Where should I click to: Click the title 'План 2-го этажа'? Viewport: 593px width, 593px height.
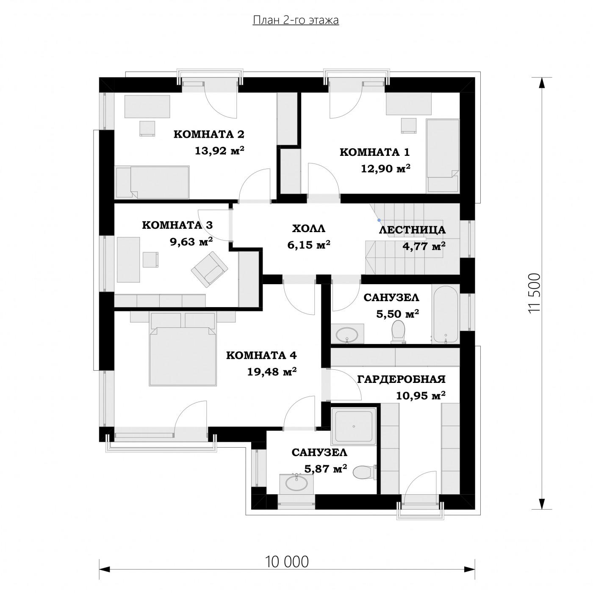click(295, 20)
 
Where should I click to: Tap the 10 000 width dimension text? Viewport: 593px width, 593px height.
click(286, 562)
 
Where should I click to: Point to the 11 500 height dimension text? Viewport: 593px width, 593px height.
click(534, 293)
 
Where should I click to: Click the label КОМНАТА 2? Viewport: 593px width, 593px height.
click(209, 134)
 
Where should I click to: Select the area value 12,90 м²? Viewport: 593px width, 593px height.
click(385, 168)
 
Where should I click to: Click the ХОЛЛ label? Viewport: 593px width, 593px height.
click(308, 229)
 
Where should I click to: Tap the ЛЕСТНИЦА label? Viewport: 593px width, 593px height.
click(412, 230)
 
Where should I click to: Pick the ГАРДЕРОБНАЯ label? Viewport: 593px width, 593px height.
click(401, 379)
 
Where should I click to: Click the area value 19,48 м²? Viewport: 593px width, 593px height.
click(272, 372)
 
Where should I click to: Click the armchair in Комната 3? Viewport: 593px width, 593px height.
click(210, 269)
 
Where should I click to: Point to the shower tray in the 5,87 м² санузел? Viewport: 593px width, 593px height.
click(354, 426)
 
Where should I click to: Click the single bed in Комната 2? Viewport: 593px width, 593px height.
click(152, 182)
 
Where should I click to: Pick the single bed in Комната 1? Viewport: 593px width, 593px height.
click(443, 156)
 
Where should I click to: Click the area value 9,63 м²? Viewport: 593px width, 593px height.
click(191, 241)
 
